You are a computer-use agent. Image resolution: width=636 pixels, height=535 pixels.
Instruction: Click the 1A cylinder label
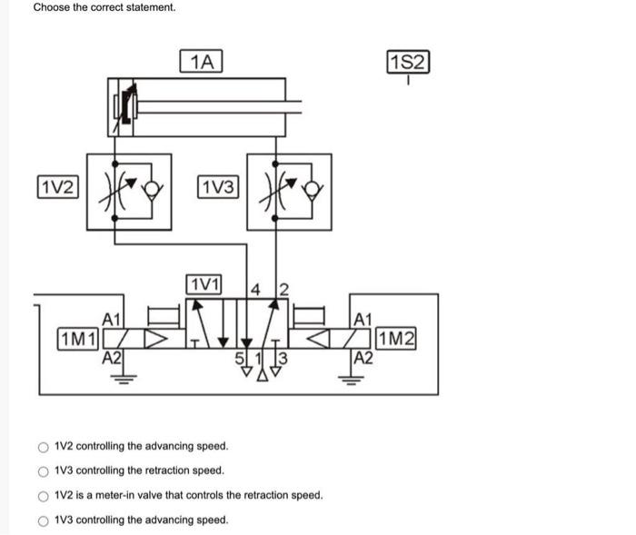(204, 62)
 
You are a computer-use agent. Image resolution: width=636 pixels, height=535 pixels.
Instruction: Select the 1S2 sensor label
(408, 63)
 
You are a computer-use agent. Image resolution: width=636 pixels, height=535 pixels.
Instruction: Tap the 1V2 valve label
(57, 187)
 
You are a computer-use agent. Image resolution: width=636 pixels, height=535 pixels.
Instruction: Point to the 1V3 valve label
(218, 187)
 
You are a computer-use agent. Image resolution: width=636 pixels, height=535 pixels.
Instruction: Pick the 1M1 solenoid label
(77, 340)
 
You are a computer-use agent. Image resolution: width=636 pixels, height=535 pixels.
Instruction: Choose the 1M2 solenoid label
(398, 340)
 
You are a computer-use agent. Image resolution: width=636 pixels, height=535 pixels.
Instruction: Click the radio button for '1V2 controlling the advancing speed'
(43, 447)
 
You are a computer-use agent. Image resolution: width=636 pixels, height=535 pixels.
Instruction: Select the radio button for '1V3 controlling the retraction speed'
(43, 471)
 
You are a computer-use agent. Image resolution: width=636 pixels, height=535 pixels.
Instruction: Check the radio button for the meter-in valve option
(43, 496)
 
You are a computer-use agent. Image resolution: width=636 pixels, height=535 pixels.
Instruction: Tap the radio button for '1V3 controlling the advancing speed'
(43, 520)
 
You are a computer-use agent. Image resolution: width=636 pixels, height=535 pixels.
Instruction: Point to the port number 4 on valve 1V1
(255, 291)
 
